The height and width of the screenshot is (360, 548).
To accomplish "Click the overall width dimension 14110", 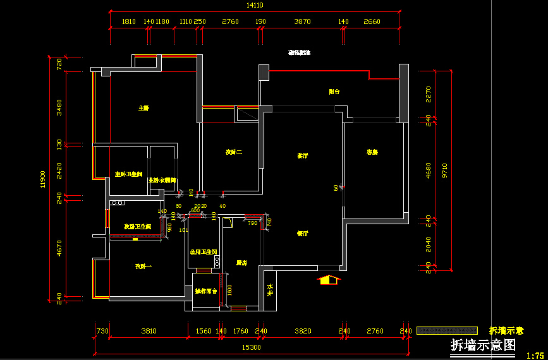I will point(254,5).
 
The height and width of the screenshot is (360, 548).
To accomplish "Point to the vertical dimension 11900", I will point(44,179).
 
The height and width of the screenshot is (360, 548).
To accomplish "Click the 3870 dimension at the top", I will point(303,21).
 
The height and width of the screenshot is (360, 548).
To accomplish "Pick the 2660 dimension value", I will point(372,21).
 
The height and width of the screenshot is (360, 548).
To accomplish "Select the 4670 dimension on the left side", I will point(59,249).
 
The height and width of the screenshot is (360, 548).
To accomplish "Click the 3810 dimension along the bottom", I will point(149,331).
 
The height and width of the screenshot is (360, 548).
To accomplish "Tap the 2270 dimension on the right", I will point(429,94).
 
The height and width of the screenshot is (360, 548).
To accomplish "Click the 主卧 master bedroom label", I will point(144,108).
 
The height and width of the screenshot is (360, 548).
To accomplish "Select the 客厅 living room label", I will point(303,155).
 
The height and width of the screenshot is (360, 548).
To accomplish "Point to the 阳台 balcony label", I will point(334,92).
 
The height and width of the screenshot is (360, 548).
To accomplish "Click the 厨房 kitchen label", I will point(241,263).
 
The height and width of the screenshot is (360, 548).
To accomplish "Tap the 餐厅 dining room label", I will point(303,234).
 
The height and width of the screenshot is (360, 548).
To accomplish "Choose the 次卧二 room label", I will point(234,152).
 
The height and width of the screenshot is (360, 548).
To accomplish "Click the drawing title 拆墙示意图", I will point(483,345).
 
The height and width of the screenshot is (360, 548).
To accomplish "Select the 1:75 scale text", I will point(535,356).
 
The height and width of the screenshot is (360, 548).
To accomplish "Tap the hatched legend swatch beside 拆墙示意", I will point(447,330).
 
